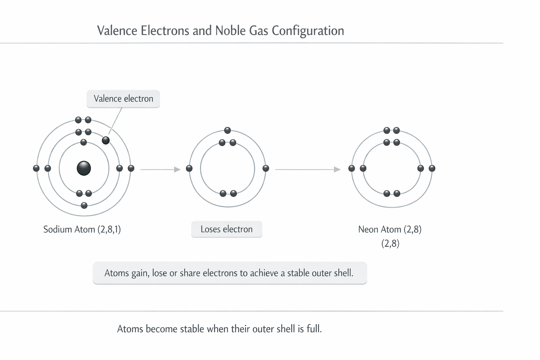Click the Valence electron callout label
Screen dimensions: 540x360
[123, 99]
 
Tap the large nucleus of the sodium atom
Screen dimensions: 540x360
[84, 168]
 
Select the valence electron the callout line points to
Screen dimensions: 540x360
[105, 140]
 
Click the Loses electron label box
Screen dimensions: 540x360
[227, 229]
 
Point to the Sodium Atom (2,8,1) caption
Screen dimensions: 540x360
[82, 229]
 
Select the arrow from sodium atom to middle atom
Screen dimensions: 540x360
[160, 169]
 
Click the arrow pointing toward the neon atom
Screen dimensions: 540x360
[308, 169]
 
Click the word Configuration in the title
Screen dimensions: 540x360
[308, 31]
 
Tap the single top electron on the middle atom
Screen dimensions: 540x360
[227, 130]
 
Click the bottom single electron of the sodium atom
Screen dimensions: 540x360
[84, 205]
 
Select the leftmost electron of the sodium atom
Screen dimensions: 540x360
[36, 168]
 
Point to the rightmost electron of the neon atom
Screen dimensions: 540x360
[432, 168]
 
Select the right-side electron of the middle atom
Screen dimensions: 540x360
[266, 168]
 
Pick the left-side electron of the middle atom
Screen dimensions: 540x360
[189, 168]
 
